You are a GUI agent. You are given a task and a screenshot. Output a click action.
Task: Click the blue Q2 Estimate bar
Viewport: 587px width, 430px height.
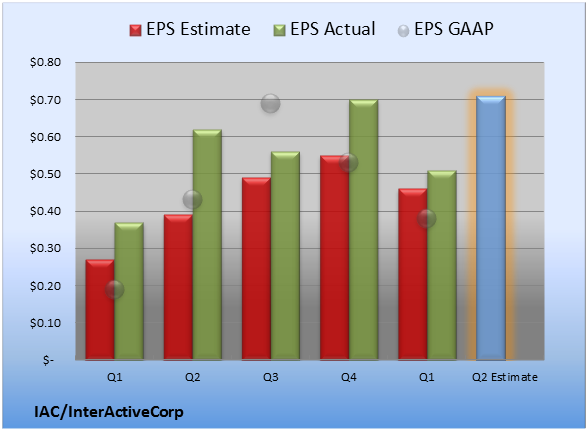pos(491,228)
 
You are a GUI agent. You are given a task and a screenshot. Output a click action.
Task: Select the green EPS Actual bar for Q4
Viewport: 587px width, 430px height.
pos(364,230)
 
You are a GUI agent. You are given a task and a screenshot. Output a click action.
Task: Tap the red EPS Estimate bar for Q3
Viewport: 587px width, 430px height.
pos(256,269)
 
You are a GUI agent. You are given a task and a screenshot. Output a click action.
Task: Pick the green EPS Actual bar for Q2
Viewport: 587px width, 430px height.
pos(207,245)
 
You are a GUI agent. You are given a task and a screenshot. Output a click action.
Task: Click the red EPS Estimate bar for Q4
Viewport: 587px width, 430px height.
pos(334,257)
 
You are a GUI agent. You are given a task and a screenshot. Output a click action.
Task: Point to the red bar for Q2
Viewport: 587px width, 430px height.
pos(178,287)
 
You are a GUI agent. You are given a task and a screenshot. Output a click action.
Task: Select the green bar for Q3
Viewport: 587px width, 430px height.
pos(285,256)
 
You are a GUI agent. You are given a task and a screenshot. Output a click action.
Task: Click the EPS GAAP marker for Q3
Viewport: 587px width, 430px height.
pos(270,103)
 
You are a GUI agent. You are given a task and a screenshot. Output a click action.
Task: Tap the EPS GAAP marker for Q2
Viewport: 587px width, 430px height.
pos(192,199)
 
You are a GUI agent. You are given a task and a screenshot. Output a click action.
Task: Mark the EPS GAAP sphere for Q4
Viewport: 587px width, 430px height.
pos(349,162)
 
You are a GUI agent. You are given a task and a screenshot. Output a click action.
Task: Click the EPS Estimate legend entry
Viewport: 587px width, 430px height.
pos(190,29)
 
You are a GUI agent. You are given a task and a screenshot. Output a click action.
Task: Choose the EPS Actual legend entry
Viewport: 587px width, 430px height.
pos(324,29)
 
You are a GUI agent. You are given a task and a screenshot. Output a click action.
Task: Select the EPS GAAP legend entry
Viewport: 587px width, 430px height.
pos(445,29)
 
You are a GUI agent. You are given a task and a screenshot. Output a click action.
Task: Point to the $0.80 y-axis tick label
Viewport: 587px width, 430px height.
pos(45,62)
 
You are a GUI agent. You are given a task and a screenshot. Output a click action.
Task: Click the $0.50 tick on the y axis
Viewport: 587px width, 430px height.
pos(45,174)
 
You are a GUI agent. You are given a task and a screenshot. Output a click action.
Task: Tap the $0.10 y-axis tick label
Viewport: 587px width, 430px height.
pos(45,323)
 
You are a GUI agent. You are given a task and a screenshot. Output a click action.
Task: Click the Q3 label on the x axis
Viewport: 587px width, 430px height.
pos(271,377)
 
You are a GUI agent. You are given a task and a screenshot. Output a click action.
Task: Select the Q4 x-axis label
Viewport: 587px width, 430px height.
pos(349,377)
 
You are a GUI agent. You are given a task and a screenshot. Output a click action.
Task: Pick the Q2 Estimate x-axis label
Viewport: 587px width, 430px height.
pos(505,377)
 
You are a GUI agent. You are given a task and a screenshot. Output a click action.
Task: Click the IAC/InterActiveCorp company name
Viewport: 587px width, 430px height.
pos(109,412)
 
